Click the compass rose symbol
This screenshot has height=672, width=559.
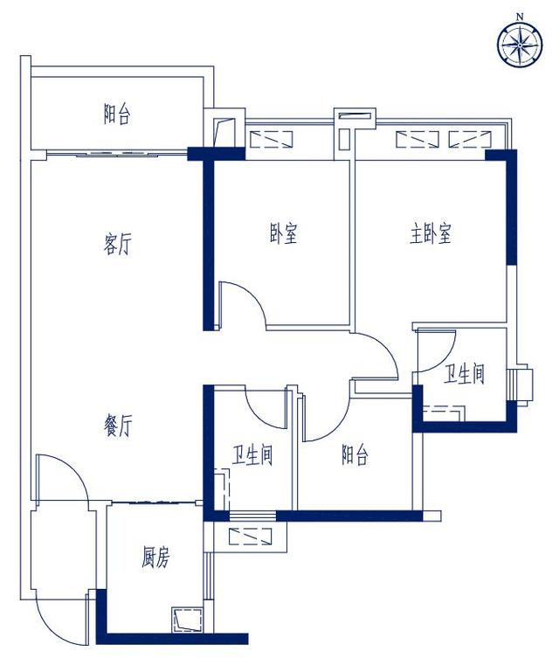[x=520, y=45]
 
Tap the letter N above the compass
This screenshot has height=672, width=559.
[x=520, y=17]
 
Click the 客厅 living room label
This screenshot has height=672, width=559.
[x=117, y=244]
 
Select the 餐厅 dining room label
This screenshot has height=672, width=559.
[x=118, y=426]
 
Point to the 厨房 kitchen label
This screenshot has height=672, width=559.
[x=155, y=558]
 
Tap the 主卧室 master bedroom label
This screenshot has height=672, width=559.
[x=430, y=233]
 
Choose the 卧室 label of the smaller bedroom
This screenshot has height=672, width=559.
[x=284, y=233]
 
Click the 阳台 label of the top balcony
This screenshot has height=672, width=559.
[x=116, y=114]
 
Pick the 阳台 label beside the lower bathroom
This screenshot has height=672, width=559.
[x=355, y=454]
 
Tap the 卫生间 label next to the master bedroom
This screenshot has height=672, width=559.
[x=464, y=374]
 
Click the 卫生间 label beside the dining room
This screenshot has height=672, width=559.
[x=252, y=455]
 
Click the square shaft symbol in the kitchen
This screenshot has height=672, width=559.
[x=187, y=620]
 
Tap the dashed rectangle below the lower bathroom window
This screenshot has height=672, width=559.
[x=250, y=537]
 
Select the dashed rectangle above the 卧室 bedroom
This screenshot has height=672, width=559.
[x=271, y=140]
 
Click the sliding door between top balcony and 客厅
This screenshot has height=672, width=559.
[x=116, y=153]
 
